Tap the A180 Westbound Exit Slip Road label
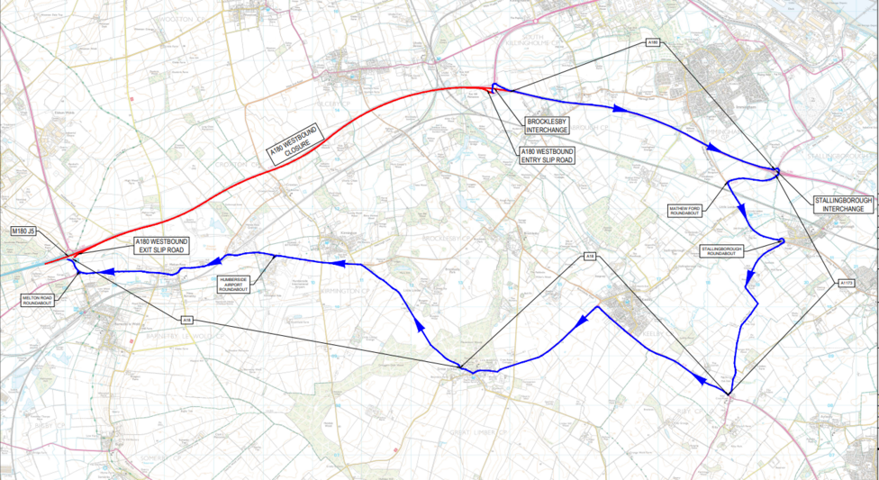tap(161, 246)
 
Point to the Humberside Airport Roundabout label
tap(237, 283)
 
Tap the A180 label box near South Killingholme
tap(654, 42)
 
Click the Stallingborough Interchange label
tap(843, 204)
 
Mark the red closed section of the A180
tap(270, 154)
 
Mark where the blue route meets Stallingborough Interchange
tap(775, 170)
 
